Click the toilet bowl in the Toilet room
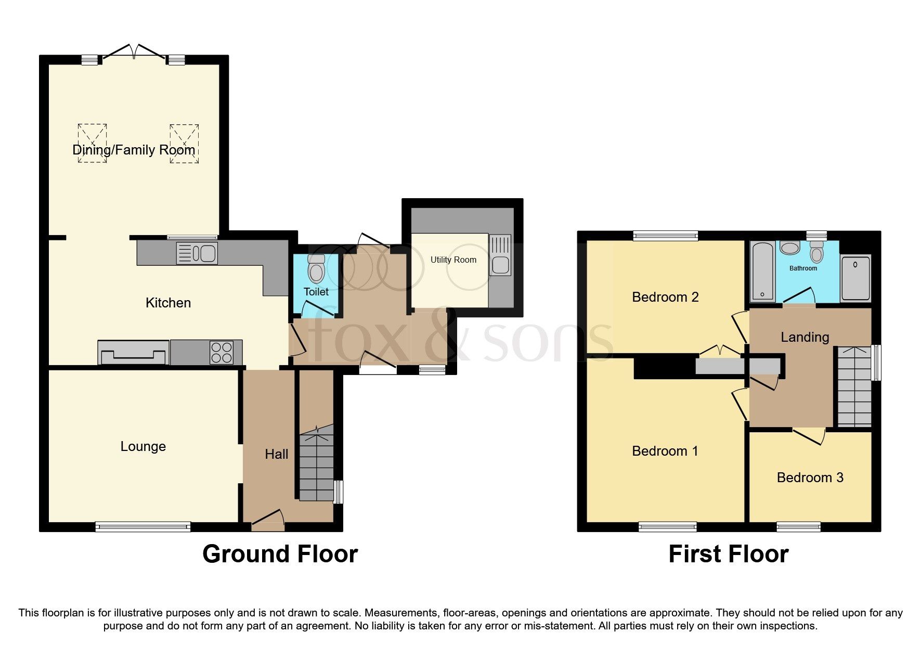(x=316, y=269)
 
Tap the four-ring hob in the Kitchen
(x=222, y=352)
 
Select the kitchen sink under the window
(x=198, y=253)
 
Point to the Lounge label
(x=143, y=446)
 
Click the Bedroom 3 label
(x=810, y=478)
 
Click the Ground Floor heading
(x=280, y=554)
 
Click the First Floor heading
(x=728, y=554)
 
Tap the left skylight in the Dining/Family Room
(x=93, y=143)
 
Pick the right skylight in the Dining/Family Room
(x=184, y=143)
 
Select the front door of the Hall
(x=268, y=520)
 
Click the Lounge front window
(x=143, y=527)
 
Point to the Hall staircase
(x=316, y=466)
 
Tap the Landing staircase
(x=854, y=388)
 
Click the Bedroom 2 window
(x=665, y=236)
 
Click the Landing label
(x=805, y=337)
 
